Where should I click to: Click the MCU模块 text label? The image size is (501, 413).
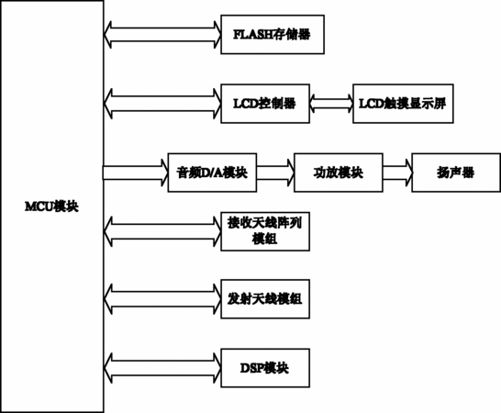[51, 206]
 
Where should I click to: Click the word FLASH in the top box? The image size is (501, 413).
[252, 35]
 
